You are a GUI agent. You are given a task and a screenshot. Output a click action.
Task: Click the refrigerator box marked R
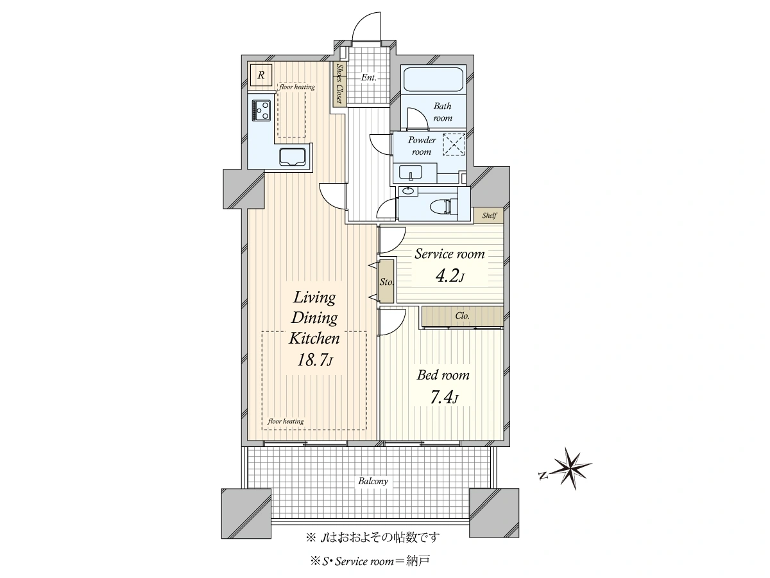pyautogui.click(x=261, y=74)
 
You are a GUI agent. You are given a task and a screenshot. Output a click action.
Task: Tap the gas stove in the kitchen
pyautogui.click(x=261, y=110)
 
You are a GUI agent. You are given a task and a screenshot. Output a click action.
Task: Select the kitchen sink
pyautogui.click(x=292, y=157)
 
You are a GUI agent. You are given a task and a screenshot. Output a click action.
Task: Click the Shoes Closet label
pyautogui.click(x=339, y=84)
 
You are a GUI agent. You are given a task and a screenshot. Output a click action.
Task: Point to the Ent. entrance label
pyautogui.click(x=369, y=77)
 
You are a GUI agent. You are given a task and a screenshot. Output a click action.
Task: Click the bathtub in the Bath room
pyautogui.click(x=433, y=80)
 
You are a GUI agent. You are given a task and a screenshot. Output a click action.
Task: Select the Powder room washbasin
pyautogui.click(x=411, y=173)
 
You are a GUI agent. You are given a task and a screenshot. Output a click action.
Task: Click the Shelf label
pyautogui.click(x=489, y=215)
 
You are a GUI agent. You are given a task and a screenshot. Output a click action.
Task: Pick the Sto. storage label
pyautogui.click(x=386, y=282)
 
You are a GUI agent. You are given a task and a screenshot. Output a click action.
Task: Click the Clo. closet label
pyautogui.click(x=463, y=316)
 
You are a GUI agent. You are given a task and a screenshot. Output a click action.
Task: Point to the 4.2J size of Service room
pyautogui.click(x=450, y=276)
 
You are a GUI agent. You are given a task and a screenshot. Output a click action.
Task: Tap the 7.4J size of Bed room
pyautogui.click(x=444, y=398)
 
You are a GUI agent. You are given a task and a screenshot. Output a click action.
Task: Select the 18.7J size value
pyautogui.click(x=314, y=360)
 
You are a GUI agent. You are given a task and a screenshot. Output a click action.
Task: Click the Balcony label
pyautogui.click(x=373, y=481)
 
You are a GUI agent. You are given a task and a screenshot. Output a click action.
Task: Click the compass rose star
pyautogui.click(x=570, y=469)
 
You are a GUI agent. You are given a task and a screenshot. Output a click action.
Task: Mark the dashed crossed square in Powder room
pyautogui.click(x=454, y=144)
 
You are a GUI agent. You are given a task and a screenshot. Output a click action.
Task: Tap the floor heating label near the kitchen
pyautogui.click(x=297, y=87)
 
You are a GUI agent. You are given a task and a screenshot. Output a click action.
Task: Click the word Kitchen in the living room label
pyautogui.click(x=314, y=338)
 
